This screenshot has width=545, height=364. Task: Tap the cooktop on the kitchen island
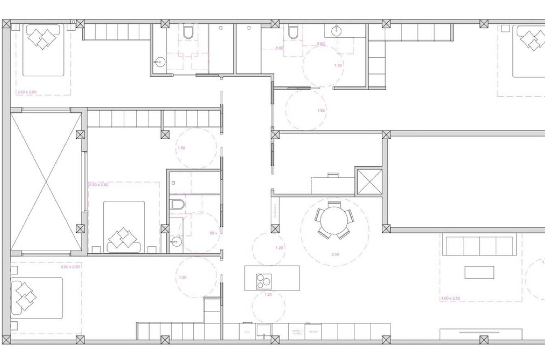tap(264, 281)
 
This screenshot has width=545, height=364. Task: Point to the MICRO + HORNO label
tap(297, 332)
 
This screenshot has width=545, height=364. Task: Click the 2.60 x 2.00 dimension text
tap(27, 92)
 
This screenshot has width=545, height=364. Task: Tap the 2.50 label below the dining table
tap(335, 255)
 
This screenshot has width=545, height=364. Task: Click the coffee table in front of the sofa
tap(479, 272)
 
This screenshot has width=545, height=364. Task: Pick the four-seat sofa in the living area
tap(479, 246)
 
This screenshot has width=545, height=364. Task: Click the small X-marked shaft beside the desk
tap(368, 182)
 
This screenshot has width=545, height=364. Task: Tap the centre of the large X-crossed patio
tap(46, 181)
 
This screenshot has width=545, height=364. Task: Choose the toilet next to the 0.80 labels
tap(292, 32)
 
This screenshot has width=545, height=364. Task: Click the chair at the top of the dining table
tap(334, 204)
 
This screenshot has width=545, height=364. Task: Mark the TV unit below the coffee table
tap(481, 333)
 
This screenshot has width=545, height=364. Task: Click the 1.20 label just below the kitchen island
tap(268, 295)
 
